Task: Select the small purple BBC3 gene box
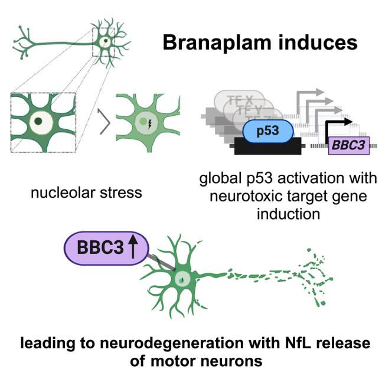(349, 144)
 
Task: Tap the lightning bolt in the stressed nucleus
(148, 125)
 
